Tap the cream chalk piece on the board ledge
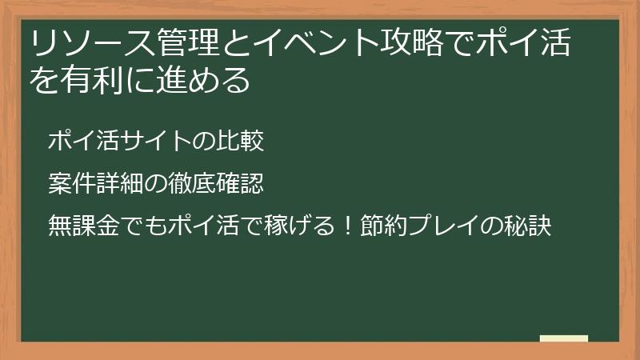(x=563, y=338)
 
